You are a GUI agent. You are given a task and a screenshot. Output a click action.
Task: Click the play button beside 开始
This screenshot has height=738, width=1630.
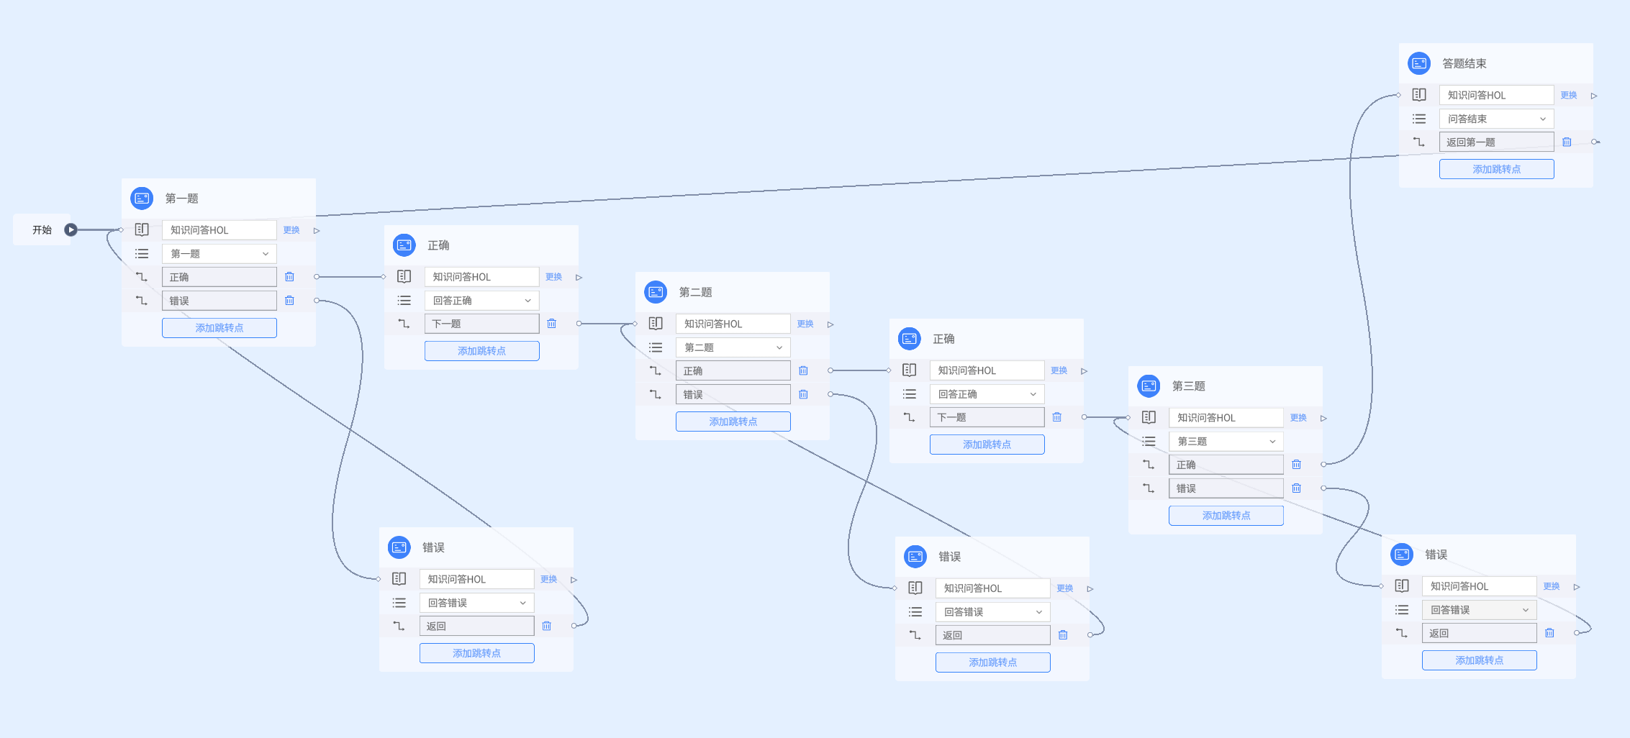[x=71, y=230]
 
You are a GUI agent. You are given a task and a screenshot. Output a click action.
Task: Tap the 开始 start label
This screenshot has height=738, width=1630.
[x=42, y=230]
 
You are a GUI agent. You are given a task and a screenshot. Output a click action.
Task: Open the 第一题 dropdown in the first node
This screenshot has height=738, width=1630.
[x=219, y=254]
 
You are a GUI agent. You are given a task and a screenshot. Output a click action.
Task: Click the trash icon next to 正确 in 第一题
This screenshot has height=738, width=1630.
[x=289, y=277]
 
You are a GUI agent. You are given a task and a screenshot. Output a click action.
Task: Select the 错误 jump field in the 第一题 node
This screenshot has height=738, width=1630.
[x=219, y=301]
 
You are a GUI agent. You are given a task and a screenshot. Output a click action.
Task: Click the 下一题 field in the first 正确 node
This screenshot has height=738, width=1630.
[x=481, y=324]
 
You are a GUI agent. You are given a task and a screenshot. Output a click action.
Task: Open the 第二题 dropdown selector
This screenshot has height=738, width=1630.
[x=733, y=347]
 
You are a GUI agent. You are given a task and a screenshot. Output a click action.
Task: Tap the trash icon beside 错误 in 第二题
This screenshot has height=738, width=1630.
[x=803, y=394]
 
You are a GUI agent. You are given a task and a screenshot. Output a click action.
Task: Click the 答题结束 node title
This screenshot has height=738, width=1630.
[x=1464, y=63]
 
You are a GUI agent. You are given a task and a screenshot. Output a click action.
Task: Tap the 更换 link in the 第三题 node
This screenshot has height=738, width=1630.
[x=1298, y=418]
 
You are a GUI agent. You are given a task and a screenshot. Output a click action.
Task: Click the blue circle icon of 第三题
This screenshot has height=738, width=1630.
[x=1149, y=386]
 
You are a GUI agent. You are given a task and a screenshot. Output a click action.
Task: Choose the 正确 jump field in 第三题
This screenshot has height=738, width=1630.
[x=1226, y=465]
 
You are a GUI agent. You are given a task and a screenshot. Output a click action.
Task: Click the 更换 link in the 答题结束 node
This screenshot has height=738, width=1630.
[x=1569, y=95]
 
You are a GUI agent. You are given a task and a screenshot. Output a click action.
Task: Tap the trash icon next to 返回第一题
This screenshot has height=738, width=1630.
[x=1567, y=142]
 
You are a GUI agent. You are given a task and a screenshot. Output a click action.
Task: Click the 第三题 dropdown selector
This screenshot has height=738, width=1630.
[x=1226, y=442]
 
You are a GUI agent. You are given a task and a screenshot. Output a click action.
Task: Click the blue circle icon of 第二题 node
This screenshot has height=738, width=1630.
[x=656, y=292]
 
